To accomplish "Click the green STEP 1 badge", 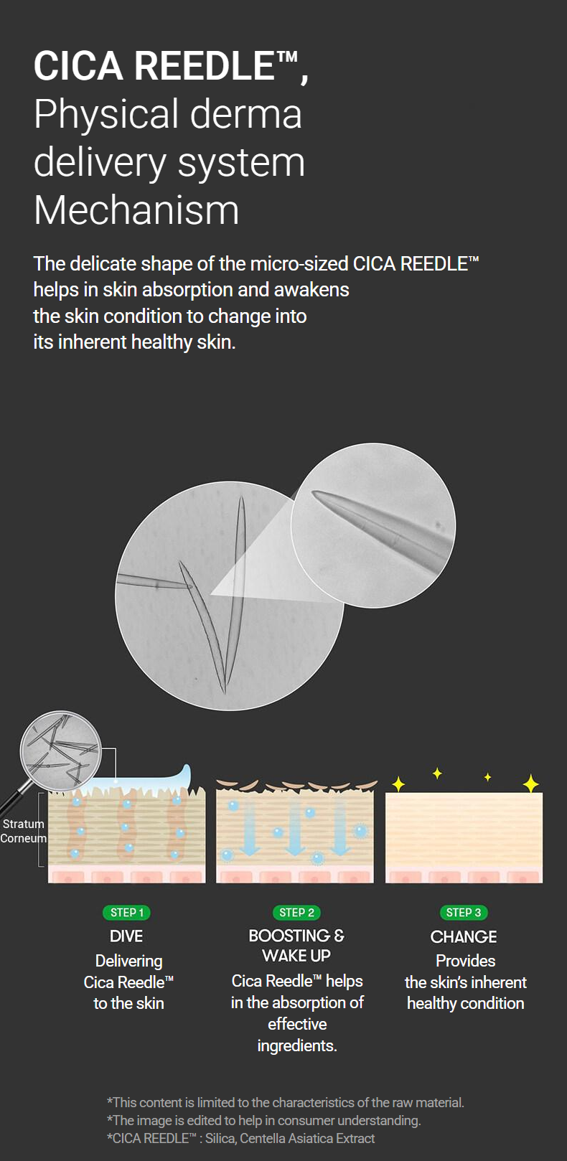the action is tap(126, 913).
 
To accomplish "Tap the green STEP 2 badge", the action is tap(296, 913).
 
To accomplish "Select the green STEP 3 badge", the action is tap(464, 913).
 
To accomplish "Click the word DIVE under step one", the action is tap(126, 936).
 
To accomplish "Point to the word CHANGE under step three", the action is tap(464, 936).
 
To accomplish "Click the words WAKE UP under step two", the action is tap(296, 955).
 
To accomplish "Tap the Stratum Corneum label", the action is tap(23, 831).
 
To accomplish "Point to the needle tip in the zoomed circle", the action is tap(312, 492).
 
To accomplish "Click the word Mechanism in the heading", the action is tap(136, 210).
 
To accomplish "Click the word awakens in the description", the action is tap(311, 290).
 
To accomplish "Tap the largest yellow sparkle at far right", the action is tap(530, 783).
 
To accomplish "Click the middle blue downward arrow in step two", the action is tap(295, 827).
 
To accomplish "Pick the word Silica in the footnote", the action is tap(220, 1138).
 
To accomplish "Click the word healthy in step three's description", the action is tap(431, 1003).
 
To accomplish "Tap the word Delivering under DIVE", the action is tap(128, 962).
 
